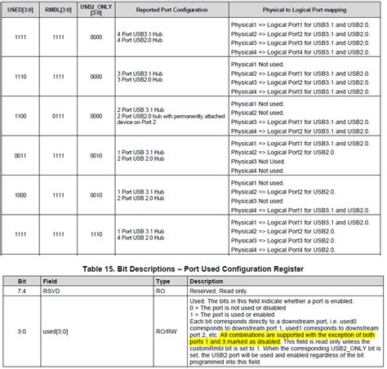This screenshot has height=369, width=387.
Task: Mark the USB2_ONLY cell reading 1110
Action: tap(96, 234)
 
